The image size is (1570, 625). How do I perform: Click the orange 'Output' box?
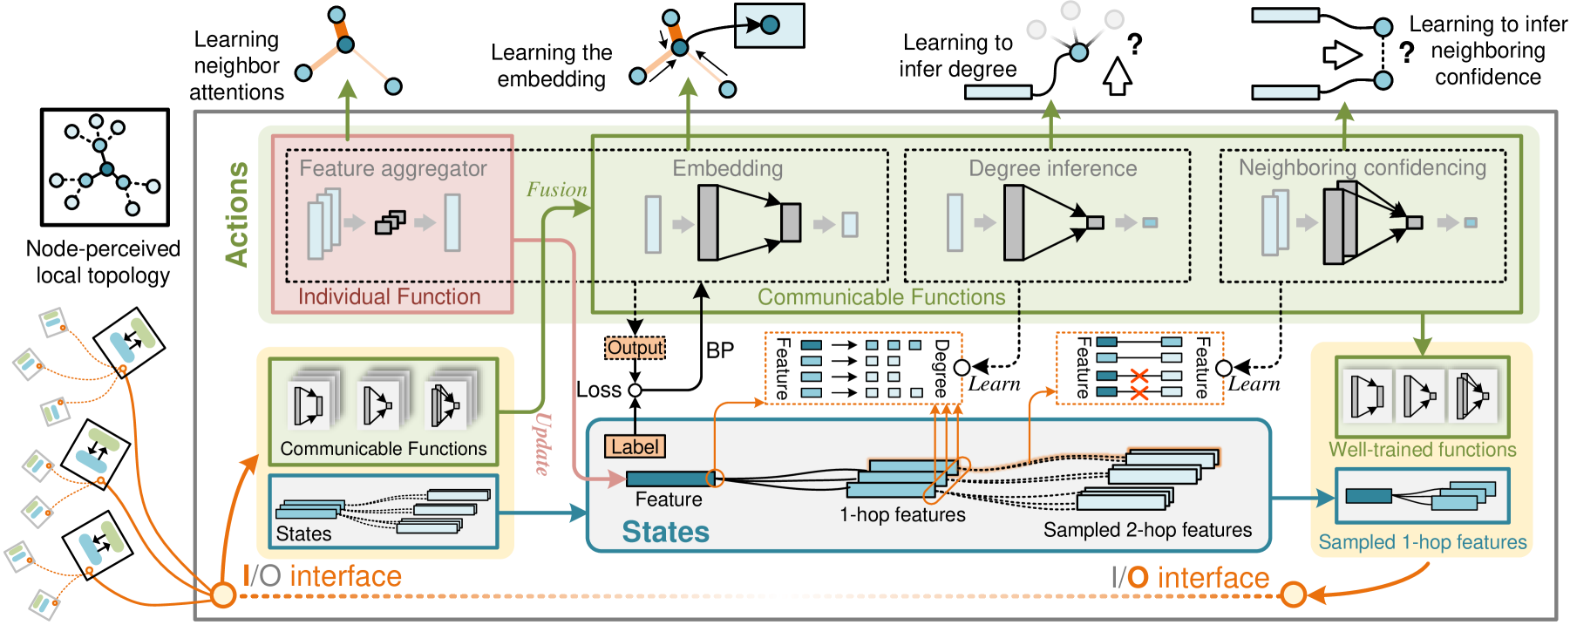[635, 348]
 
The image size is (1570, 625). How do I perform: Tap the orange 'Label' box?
[635, 447]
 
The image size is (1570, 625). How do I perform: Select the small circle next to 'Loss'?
[635, 391]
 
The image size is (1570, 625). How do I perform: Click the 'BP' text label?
[720, 350]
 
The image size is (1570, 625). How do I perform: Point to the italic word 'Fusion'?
[556, 190]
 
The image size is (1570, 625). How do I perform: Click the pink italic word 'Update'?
[542, 444]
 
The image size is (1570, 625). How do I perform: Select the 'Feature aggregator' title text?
[393, 168]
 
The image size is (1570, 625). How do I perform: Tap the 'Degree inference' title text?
[1053, 168]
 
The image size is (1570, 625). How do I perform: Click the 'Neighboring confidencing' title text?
[1363, 167]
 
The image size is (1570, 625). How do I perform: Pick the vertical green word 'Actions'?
[237, 214]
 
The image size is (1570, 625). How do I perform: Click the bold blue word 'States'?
[666, 532]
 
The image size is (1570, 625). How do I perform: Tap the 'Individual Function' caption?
[390, 296]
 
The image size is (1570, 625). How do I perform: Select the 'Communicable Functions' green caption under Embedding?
[881, 297]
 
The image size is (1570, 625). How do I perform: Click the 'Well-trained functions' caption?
[1423, 450]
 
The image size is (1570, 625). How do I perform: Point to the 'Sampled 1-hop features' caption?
[1423, 542]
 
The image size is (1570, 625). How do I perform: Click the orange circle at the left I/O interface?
[224, 595]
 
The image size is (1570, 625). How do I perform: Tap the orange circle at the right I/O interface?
[1294, 594]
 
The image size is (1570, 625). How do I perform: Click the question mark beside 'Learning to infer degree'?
[1134, 44]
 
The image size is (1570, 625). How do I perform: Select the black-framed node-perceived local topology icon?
[105, 167]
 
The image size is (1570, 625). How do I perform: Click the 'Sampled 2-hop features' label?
[1147, 530]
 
